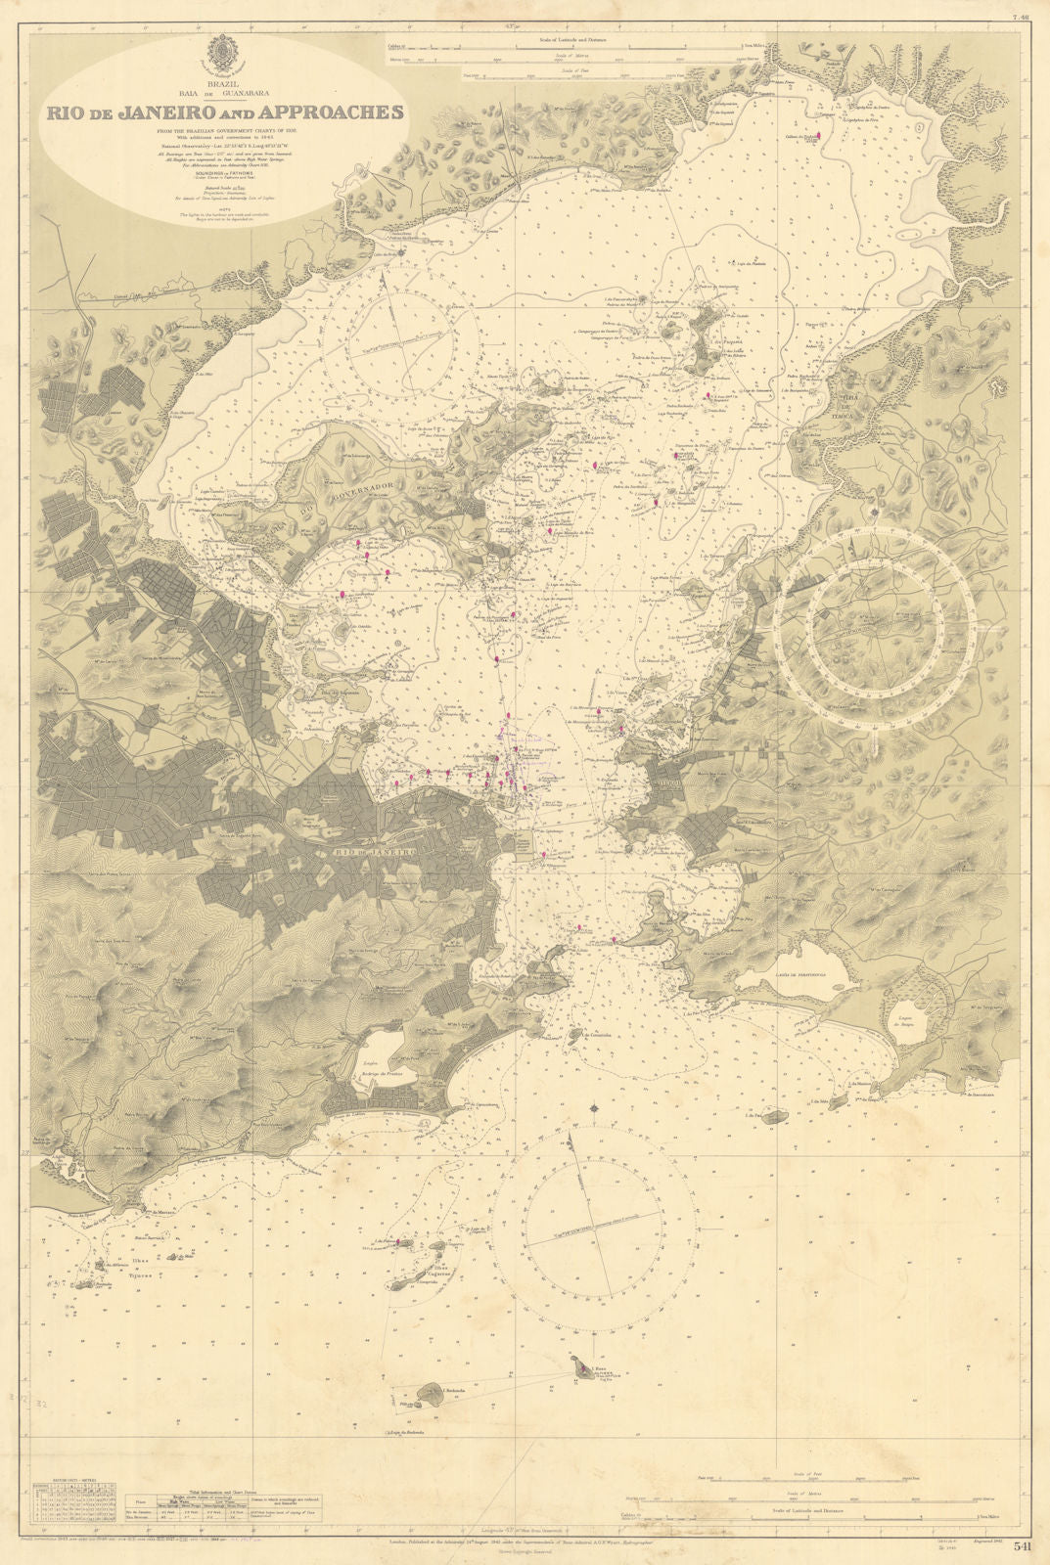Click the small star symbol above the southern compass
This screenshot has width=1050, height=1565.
point(595,1108)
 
